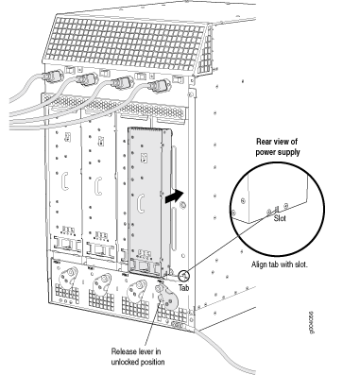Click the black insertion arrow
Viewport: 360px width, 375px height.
tap(174, 196)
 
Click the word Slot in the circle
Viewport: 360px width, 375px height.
tap(280, 218)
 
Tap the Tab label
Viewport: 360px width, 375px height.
tap(184, 287)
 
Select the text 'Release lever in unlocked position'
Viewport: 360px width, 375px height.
tap(138, 356)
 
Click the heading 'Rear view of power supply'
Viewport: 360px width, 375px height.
tap(278, 146)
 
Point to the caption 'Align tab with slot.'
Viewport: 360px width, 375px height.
tap(280, 264)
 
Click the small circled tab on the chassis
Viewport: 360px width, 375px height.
tap(183, 276)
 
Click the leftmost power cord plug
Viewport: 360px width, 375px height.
tap(51, 77)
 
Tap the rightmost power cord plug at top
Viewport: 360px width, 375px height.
tap(159, 86)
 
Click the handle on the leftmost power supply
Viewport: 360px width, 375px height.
tap(65, 180)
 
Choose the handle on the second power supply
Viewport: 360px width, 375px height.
tap(98, 186)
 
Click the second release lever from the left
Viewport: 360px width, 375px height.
tap(102, 281)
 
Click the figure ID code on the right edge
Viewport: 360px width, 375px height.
tap(311, 322)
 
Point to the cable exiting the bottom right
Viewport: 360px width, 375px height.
tap(225, 349)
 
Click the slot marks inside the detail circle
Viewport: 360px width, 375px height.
tap(277, 209)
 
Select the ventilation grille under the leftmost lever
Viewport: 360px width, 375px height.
tap(67, 294)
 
